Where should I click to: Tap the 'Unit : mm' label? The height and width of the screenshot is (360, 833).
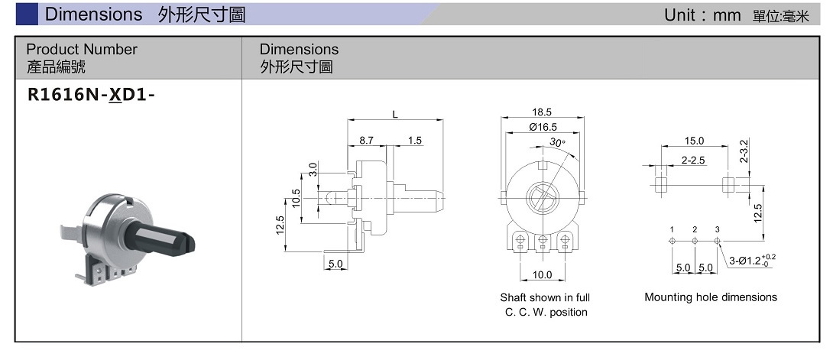coord(702,15)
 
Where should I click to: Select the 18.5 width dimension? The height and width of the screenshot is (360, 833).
coord(542,112)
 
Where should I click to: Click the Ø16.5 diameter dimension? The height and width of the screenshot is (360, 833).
coord(542,128)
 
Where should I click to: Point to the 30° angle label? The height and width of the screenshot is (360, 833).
coord(557,143)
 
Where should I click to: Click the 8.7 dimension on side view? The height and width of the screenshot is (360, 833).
coord(366,141)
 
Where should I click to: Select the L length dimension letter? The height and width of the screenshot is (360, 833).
coord(395,115)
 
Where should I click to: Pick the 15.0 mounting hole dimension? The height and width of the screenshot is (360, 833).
coord(694,141)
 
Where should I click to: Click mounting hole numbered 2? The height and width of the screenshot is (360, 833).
coord(695,241)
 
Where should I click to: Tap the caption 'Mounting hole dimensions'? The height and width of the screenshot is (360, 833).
coord(710,297)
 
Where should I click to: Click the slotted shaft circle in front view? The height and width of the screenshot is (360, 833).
coord(542,197)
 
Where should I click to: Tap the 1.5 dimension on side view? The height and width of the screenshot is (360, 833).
coord(415,141)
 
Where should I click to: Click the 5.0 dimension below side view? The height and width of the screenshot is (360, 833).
coord(335,264)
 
